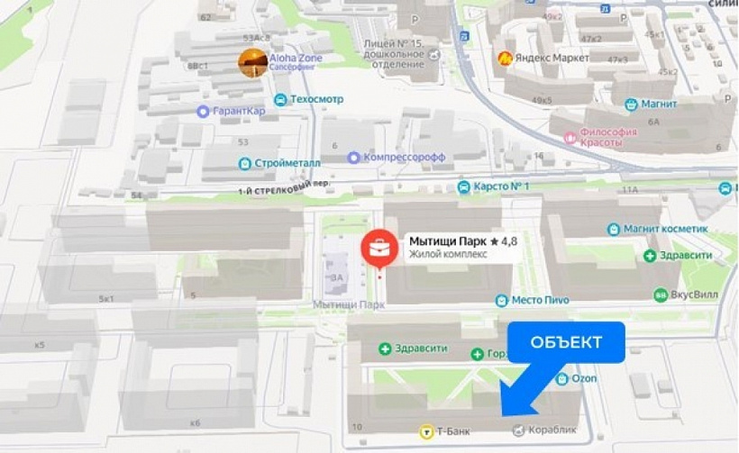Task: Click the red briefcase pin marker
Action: (379, 247)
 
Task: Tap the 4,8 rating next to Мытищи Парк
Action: (505, 241)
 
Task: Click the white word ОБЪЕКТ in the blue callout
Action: (566, 342)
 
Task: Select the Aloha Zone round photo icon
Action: (252, 62)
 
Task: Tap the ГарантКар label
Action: (238, 112)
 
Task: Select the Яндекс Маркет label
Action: (552, 59)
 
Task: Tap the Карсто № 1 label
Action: (501, 187)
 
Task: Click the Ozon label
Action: (584, 379)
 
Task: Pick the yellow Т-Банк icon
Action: (424, 432)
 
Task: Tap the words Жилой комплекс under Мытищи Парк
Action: (448, 255)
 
